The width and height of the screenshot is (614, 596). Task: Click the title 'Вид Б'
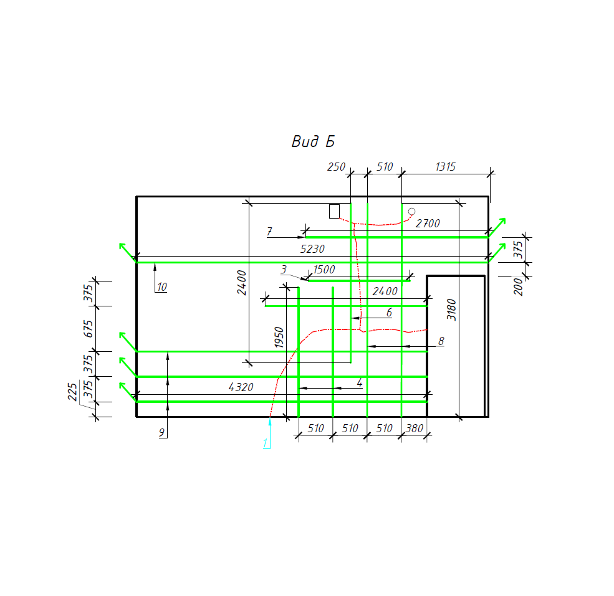[x=313, y=141]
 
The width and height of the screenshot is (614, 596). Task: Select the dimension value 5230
[x=312, y=249]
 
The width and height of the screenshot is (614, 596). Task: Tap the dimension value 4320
[x=241, y=387]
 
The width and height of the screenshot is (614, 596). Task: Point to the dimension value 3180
[x=451, y=310]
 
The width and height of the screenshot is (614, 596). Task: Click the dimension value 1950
[x=279, y=338]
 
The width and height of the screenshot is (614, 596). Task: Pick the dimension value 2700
[x=428, y=224]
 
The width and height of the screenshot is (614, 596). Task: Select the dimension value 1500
[x=324, y=269]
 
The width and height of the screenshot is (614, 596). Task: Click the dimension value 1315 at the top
[x=445, y=167]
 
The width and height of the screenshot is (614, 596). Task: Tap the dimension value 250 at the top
[x=336, y=167]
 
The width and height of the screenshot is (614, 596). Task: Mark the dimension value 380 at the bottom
[x=415, y=428]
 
